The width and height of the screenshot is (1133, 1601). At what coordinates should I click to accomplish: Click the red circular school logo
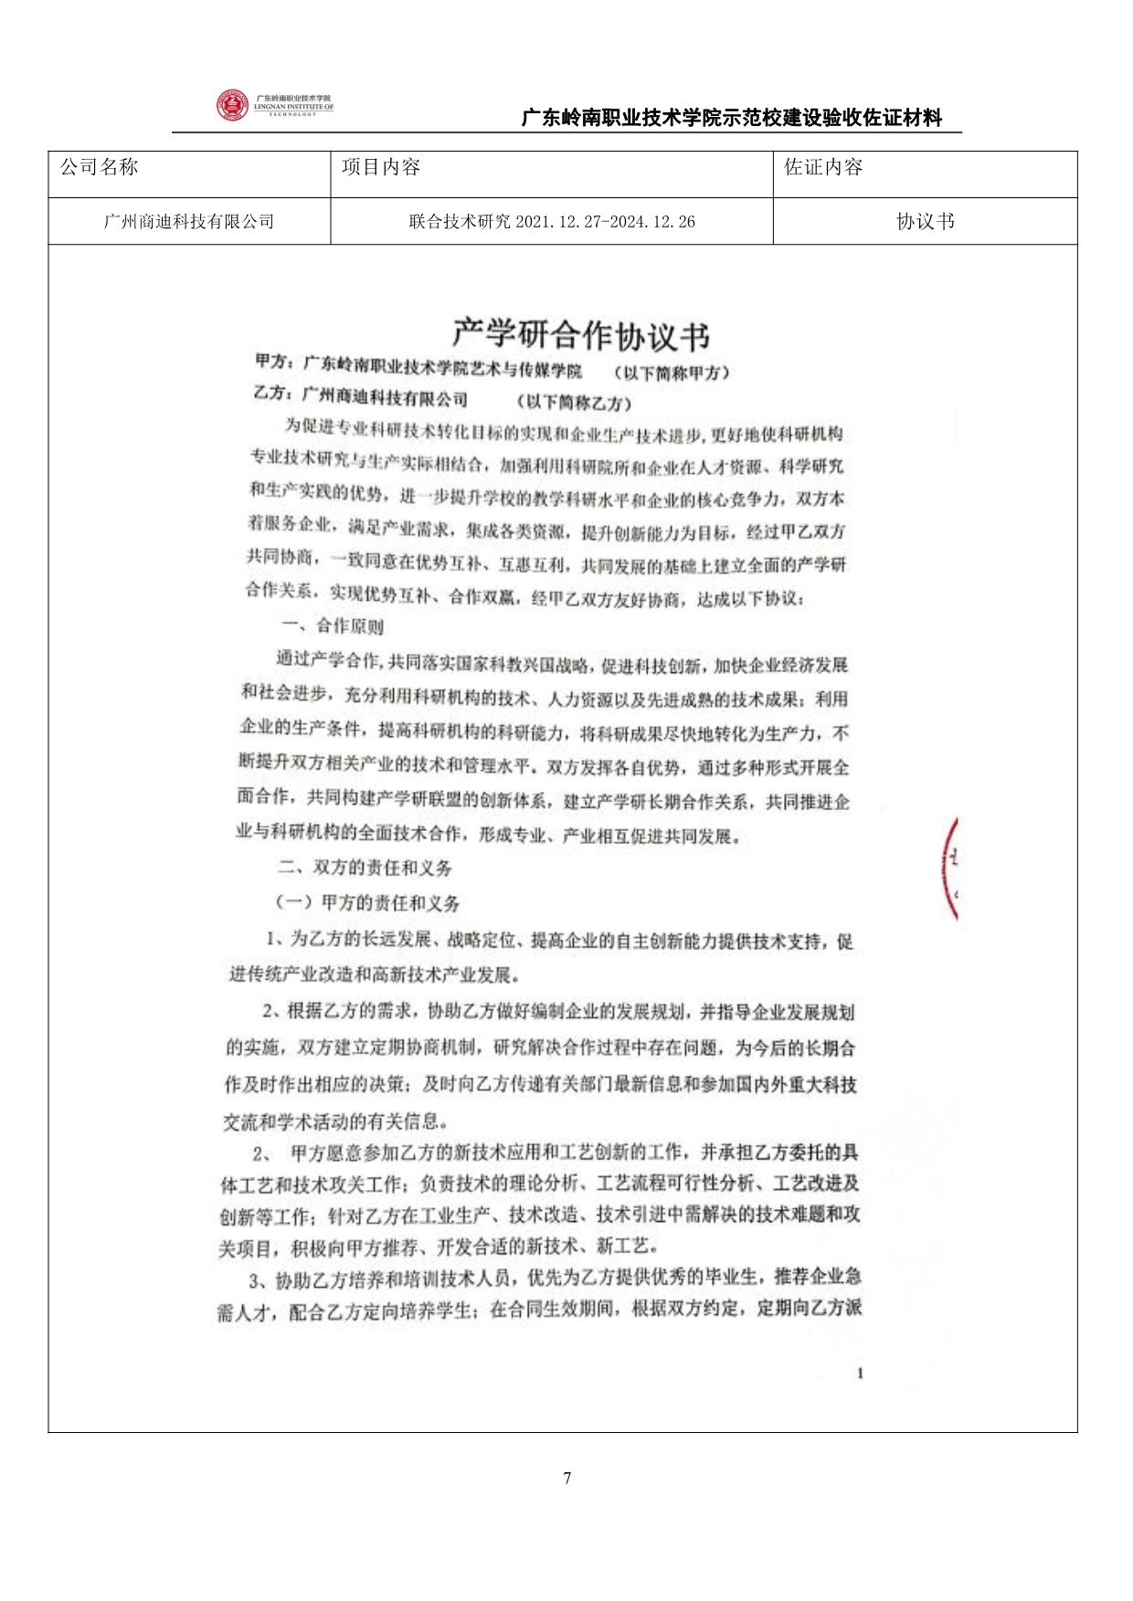point(232,105)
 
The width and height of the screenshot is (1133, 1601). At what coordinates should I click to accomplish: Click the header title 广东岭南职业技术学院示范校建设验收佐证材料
point(731,118)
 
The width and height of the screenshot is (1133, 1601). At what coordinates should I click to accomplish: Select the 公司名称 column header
point(99,167)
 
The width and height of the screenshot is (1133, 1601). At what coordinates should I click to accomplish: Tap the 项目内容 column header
point(381,167)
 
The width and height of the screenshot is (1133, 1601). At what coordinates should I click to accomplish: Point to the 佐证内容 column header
point(823,167)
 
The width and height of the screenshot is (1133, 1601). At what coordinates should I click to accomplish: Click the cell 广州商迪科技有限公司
point(189,222)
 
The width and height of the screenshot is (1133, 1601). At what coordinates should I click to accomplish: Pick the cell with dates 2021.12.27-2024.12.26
point(552,222)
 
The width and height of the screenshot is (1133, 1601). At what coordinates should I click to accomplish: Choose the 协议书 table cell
point(925,222)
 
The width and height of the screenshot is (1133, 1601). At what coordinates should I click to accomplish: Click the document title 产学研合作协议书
point(581,335)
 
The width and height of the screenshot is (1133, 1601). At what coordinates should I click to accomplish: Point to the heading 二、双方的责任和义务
point(365,867)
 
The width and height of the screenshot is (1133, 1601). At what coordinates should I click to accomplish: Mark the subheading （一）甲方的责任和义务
point(367,902)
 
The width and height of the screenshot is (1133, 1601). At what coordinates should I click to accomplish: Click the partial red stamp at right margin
point(950,868)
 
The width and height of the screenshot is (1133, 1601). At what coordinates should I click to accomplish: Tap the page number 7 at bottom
point(567,1479)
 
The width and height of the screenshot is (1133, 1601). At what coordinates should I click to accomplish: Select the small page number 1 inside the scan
point(860,1374)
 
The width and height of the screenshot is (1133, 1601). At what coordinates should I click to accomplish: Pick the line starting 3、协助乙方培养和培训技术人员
point(555,1277)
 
